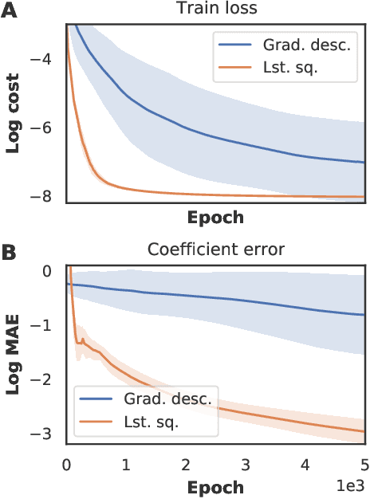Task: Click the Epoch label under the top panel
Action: click(215, 217)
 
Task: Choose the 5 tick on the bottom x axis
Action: click(364, 463)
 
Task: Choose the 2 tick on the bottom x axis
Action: click(186, 463)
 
